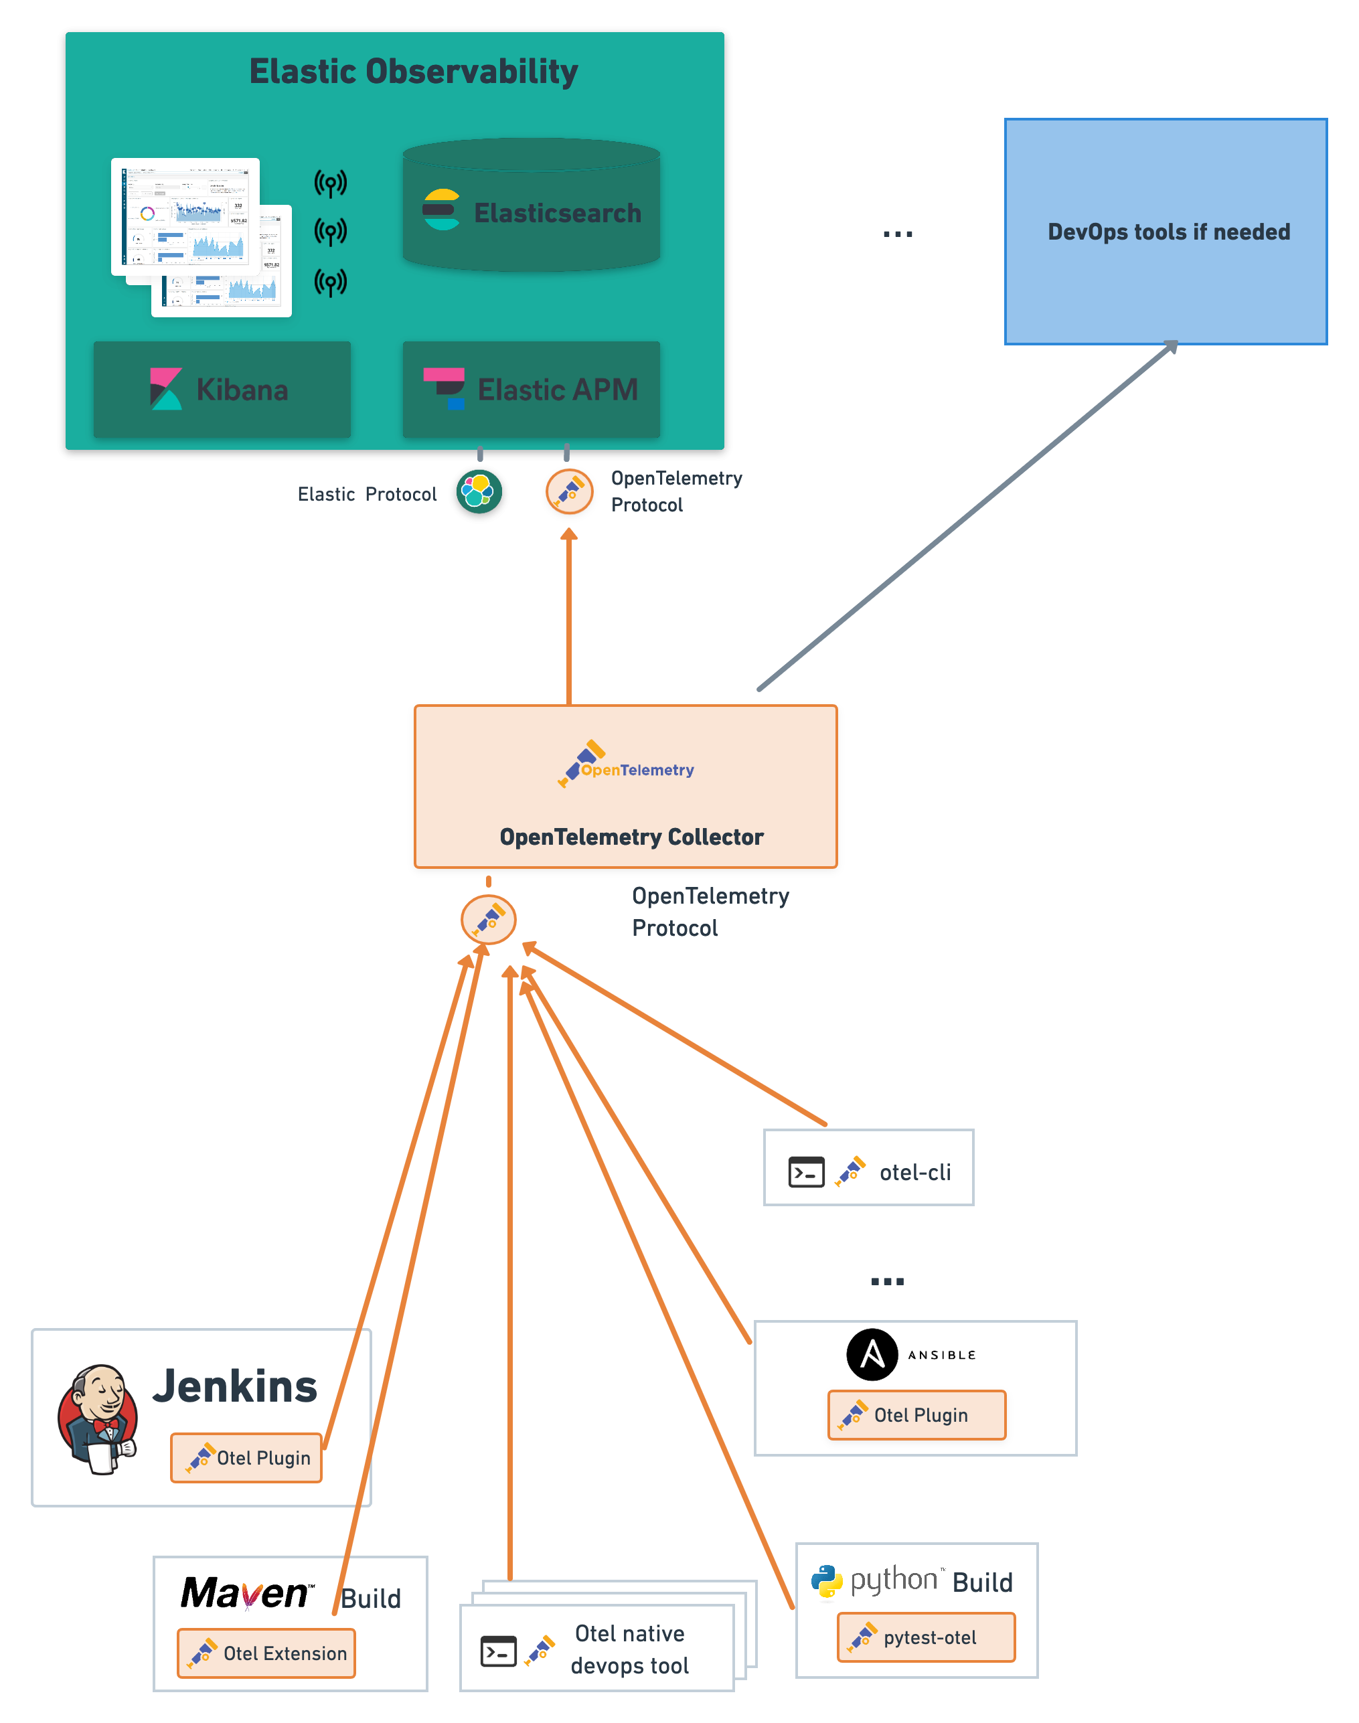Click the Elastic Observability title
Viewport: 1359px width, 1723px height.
[413, 72]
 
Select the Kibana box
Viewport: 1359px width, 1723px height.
[222, 390]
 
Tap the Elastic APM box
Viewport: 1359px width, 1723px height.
[531, 390]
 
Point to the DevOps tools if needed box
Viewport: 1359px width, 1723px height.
[1166, 232]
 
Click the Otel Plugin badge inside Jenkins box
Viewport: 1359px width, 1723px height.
[246, 1457]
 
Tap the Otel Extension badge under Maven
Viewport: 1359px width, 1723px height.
[266, 1653]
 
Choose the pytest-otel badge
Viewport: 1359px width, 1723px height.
[926, 1637]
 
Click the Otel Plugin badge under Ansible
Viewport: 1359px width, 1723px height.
[916, 1415]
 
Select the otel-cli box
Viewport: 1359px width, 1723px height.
[868, 1168]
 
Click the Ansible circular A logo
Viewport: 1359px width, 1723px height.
[872, 1355]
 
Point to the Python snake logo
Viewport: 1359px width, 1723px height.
[827, 1581]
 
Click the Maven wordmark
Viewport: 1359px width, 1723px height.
[246, 1593]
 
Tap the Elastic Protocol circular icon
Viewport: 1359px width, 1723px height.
[479, 491]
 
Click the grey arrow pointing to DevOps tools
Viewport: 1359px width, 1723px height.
[967, 517]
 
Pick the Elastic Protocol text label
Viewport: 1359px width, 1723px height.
[367, 495]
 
